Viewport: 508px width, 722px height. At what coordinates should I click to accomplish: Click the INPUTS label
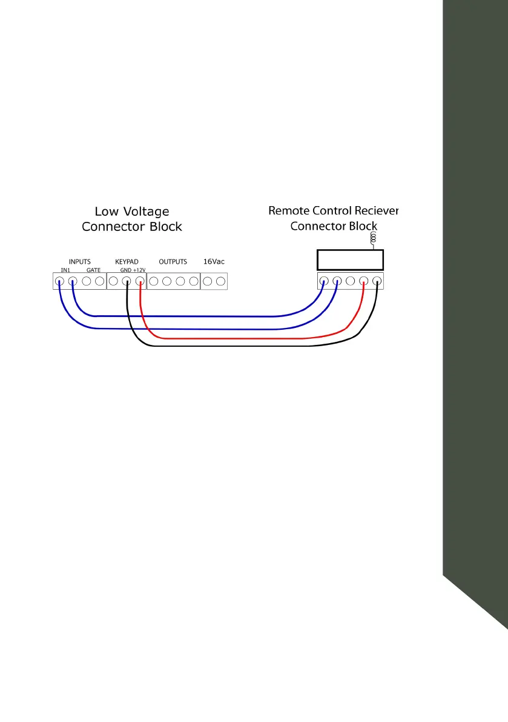pyautogui.click(x=79, y=262)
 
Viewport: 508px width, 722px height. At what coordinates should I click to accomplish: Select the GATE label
pyautogui.click(x=93, y=269)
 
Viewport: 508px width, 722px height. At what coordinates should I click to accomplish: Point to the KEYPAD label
pyautogui.click(x=127, y=262)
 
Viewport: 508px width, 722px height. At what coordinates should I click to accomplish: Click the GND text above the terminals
pyautogui.click(x=125, y=269)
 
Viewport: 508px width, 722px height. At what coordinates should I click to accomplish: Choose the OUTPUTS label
pyautogui.click(x=173, y=262)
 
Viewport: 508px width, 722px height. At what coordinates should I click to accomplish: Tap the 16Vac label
pyautogui.click(x=214, y=262)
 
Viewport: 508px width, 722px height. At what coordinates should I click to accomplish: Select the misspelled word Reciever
pyautogui.click(x=375, y=211)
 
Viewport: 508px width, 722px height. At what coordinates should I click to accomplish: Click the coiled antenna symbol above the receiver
pyautogui.click(x=374, y=239)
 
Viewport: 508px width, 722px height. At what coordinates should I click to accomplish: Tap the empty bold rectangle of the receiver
pyautogui.click(x=351, y=259)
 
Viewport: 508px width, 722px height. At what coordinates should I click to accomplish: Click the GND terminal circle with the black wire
pyautogui.click(x=127, y=281)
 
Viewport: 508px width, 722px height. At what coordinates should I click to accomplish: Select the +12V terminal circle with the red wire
pyautogui.click(x=140, y=281)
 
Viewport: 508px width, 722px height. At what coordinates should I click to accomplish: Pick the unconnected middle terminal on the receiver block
pyautogui.click(x=350, y=281)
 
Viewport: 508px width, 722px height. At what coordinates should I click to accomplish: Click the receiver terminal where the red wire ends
pyautogui.click(x=363, y=281)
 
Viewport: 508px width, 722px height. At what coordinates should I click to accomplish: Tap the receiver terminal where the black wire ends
pyautogui.click(x=377, y=281)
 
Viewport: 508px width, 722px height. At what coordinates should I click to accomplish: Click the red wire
pyautogui.click(x=242, y=338)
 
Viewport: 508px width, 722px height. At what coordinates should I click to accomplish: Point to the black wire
pyautogui.click(x=242, y=346)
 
